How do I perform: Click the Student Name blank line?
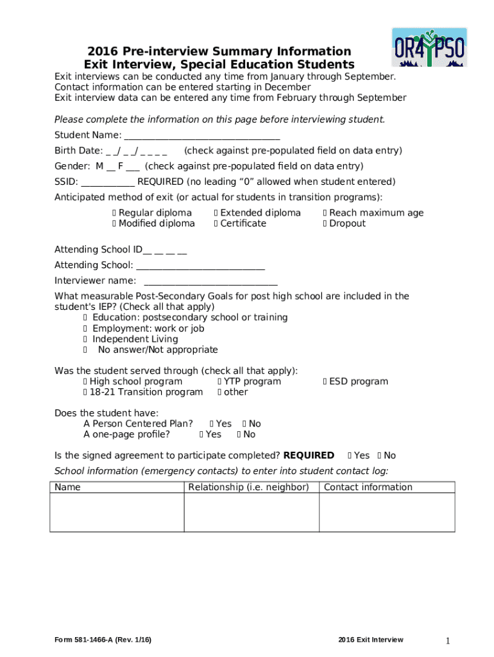click(201, 136)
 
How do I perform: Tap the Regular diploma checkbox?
click(114, 213)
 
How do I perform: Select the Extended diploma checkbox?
click(216, 213)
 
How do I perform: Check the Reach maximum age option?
click(325, 213)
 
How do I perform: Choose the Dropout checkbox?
click(325, 224)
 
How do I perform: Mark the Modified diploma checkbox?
click(114, 224)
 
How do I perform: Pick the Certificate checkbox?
click(216, 224)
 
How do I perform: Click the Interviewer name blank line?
click(210, 281)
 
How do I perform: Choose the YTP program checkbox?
click(219, 382)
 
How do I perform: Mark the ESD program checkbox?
click(325, 382)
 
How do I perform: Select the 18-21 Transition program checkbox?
click(85, 393)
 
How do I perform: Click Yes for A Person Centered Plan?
click(212, 424)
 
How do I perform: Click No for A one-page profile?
click(240, 435)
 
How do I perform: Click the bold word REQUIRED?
click(309, 456)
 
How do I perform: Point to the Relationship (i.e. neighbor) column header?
click(248, 487)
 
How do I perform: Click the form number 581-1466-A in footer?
click(91, 640)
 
